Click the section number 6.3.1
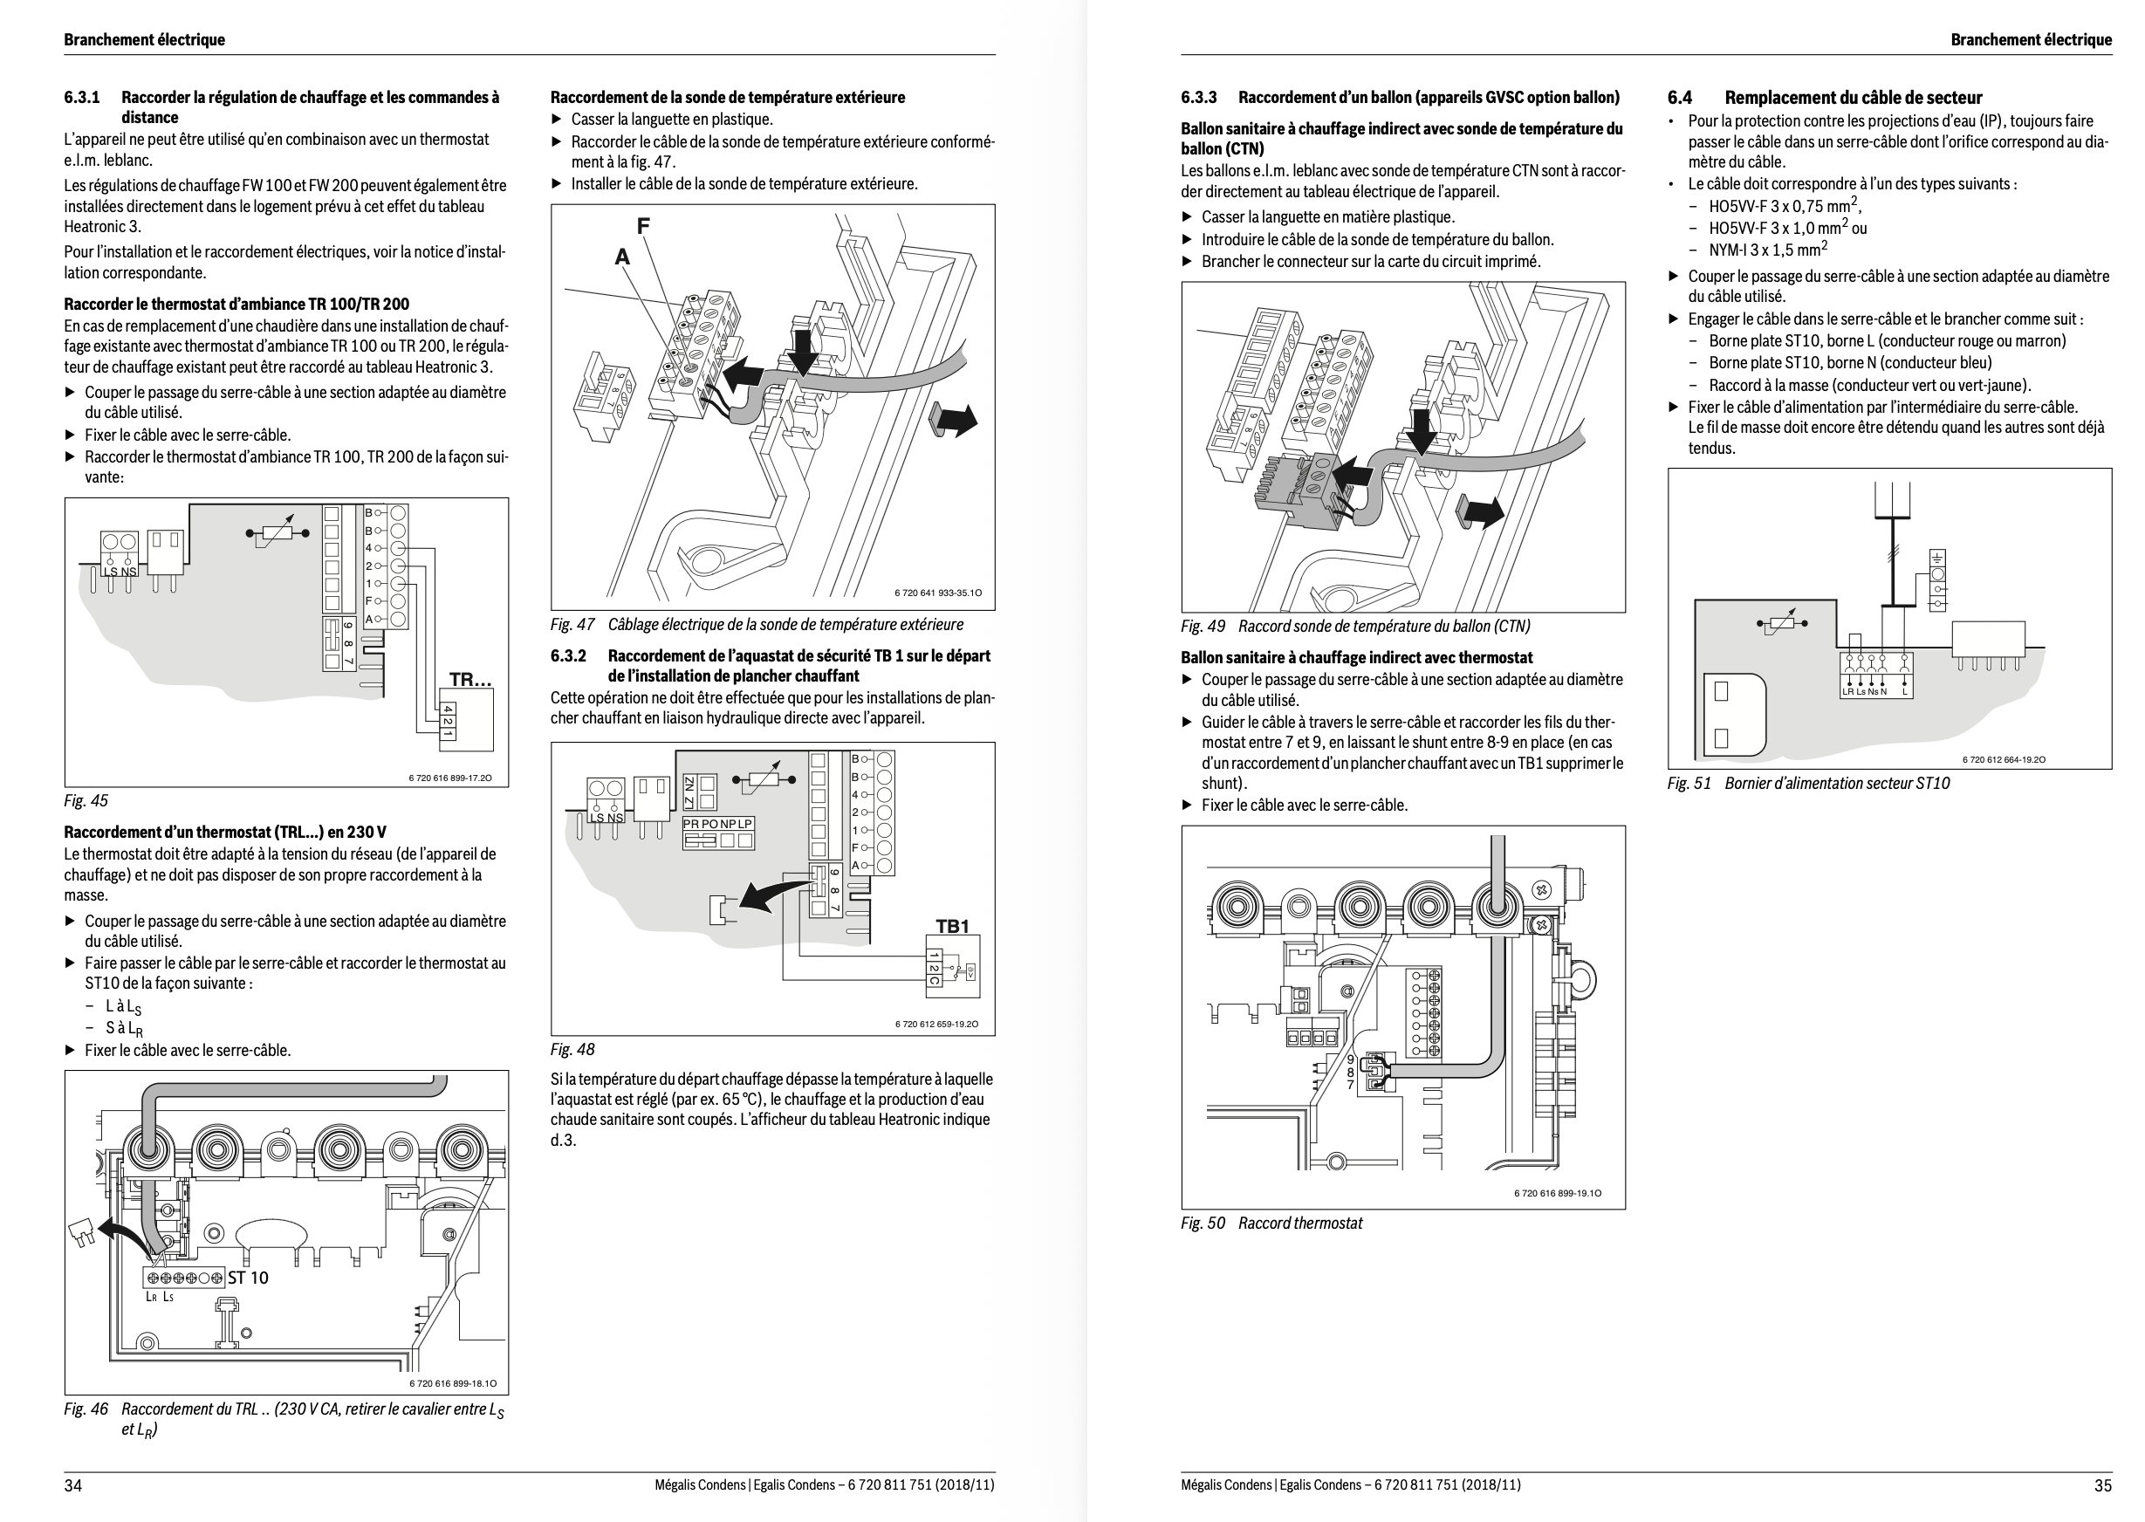[81, 98]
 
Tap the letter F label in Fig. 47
[643, 226]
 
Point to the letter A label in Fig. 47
[621, 257]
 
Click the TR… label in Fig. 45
[470, 680]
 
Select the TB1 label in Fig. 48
[952, 926]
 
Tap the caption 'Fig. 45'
[86, 800]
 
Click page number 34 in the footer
[73, 1484]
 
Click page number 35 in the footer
[2103, 1484]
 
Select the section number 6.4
[1679, 98]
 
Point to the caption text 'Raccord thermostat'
[1299, 1223]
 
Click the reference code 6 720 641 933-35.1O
[938, 593]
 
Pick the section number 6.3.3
[1198, 98]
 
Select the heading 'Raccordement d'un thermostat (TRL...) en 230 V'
[225, 833]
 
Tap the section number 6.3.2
[568, 656]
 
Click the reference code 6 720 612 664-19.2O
[2004, 759]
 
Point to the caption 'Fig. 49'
[1203, 626]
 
